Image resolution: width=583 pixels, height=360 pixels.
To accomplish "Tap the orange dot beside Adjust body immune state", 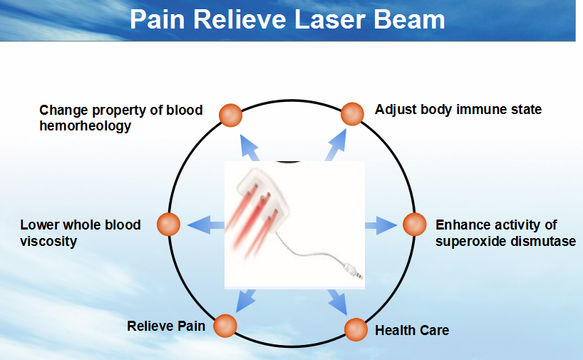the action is click(352, 114).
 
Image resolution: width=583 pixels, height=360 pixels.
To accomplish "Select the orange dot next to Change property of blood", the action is click(230, 115).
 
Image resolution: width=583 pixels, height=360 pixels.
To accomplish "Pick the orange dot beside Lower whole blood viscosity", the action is click(168, 225).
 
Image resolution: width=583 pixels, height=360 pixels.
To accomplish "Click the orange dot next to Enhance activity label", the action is click(415, 225).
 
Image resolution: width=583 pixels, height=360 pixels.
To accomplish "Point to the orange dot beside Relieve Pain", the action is click(225, 326).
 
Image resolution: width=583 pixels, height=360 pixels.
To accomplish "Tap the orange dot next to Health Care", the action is click(356, 329).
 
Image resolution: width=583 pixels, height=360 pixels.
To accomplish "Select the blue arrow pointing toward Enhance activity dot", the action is click(381, 225).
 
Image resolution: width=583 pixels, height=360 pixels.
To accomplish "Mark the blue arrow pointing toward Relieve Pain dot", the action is click(246, 301).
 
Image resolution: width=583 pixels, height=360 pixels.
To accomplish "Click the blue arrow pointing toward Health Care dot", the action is click(338, 302).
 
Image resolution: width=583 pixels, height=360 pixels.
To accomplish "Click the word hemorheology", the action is click(85, 126).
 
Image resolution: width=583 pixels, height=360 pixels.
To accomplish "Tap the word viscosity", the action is click(48, 242).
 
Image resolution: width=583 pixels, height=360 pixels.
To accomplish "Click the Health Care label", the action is click(412, 330).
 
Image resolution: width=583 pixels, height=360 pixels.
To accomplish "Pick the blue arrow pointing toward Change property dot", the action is click(250, 148).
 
